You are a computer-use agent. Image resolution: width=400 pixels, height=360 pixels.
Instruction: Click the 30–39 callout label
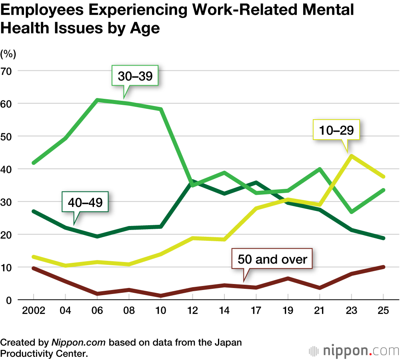(135, 76)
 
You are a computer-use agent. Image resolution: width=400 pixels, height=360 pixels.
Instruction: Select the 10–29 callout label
(337, 130)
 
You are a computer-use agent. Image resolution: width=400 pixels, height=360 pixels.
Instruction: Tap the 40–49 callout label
(85, 202)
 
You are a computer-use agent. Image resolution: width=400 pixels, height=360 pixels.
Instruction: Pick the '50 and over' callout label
(272, 259)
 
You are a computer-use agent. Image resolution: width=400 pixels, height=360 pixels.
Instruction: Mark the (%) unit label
(8, 53)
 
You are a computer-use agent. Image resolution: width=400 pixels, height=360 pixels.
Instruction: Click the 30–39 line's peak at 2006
(97, 100)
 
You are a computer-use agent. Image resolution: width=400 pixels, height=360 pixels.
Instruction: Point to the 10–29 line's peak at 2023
(351, 156)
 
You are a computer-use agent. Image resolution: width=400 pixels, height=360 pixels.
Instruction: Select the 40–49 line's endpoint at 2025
(383, 238)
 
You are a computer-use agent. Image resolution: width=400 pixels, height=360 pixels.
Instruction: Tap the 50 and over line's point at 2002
(34, 268)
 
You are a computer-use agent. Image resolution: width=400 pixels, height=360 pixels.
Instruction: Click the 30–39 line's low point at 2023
(351, 212)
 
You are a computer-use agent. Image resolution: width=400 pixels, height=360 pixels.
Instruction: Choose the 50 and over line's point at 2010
(161, 296)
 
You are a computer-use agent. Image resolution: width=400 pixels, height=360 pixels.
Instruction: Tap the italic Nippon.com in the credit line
(78, 343)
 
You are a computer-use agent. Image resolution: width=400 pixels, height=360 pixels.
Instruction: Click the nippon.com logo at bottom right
(354, 351)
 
